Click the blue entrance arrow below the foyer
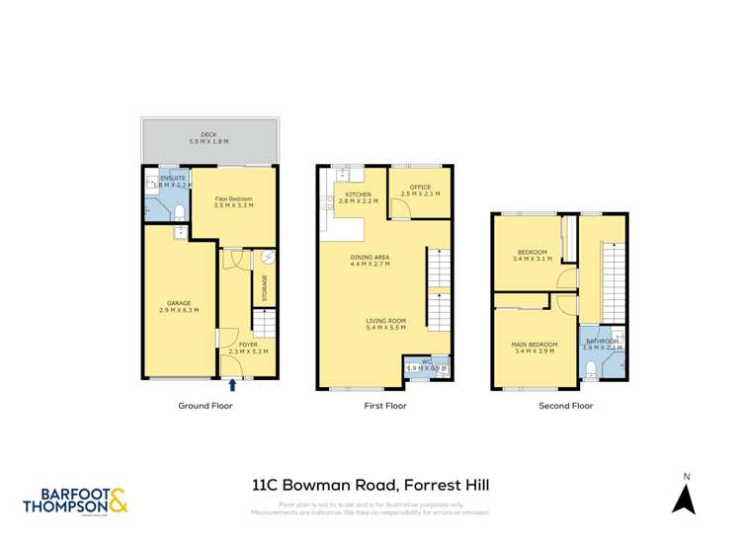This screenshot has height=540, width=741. [233, 385]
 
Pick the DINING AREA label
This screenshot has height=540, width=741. [370, 261]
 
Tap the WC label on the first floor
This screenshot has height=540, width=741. [427, 364]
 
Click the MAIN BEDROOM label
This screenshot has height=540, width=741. [535, 347]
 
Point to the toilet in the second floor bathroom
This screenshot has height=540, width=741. [590, 370]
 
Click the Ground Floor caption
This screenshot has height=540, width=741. [205, 406]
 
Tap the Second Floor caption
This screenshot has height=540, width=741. [565, 406]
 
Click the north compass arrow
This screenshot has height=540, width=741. [683, 499]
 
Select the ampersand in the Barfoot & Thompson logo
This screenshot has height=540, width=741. [118, 501]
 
